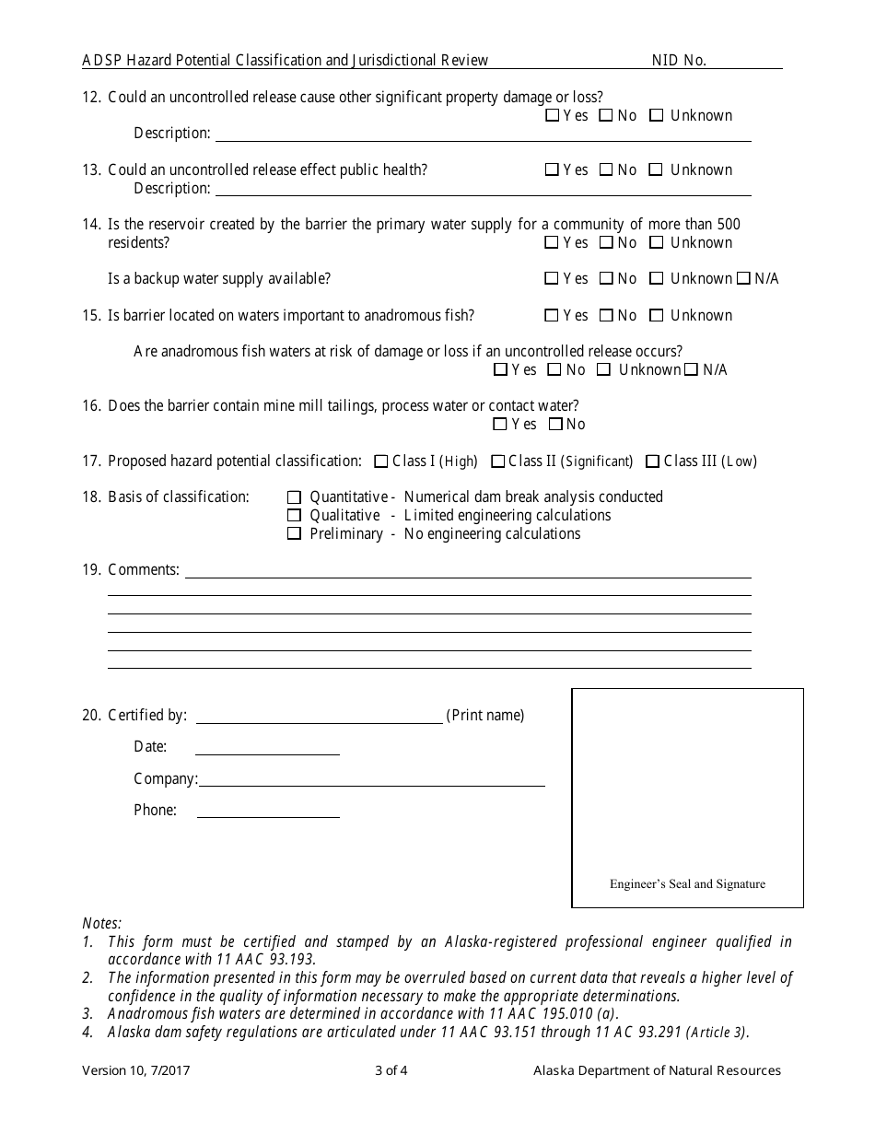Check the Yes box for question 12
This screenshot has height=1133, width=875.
click(552, 116)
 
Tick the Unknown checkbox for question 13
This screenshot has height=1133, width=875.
click(656, 169)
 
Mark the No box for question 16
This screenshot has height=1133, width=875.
click(555, 425)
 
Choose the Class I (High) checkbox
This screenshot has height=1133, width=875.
click(381, 461)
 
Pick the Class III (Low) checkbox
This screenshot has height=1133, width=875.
click(652, 461)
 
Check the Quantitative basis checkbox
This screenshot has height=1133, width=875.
click(295, 497)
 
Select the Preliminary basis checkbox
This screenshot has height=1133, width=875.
click(295, 533)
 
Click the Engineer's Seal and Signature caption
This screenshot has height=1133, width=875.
click(687, 884)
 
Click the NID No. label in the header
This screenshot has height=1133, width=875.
click(679, 61)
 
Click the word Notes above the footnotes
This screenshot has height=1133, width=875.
click(101, 923)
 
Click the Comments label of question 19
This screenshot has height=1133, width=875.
click(144, 570)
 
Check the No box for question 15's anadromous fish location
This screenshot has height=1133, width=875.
click(606, 316)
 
